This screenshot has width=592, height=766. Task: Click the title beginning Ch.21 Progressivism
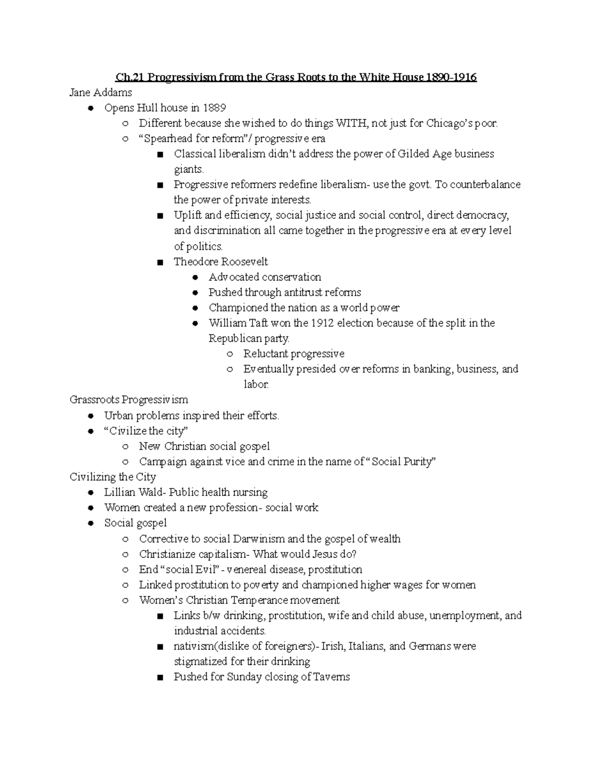click(296, 77)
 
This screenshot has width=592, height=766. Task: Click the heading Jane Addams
click(101, 92)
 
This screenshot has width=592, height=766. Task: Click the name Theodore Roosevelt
click(221, 261)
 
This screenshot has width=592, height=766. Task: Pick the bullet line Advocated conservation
click(264, 277)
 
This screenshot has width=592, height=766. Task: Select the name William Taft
click(235, 323)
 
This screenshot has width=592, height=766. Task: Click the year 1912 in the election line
click(323, 323)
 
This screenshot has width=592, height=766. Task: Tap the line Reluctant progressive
click(294, 354)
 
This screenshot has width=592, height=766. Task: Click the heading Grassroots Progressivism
click(129, 400)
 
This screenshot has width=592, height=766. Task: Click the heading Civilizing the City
click(112, 477)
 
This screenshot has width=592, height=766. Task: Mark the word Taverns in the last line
click(332, 677)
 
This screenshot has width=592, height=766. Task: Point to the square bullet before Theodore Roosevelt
click(159, 262)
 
